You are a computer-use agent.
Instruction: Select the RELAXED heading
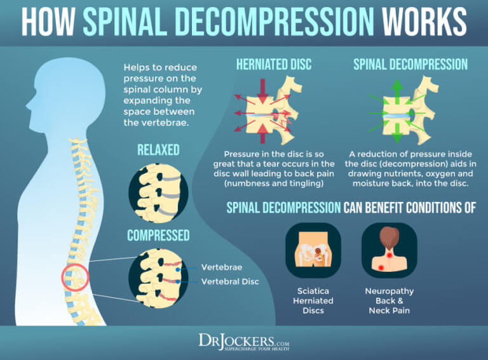tap(158, 150)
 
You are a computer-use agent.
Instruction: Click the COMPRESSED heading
tap(158, 236)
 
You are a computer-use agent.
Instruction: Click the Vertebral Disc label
tap(230, 282)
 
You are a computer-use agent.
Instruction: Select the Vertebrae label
tap(222, 267)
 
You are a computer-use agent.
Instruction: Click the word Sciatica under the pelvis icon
tap(313, 291)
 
